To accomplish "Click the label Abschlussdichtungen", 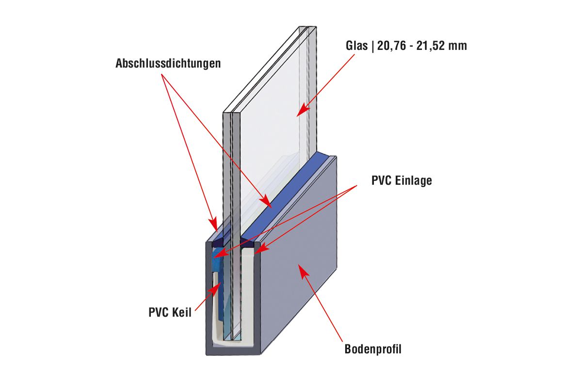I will pos(168,64).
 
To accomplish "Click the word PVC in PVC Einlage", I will pos(381,181).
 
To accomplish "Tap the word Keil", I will pos(181,312).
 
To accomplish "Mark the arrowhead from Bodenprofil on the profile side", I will pos(302,268).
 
